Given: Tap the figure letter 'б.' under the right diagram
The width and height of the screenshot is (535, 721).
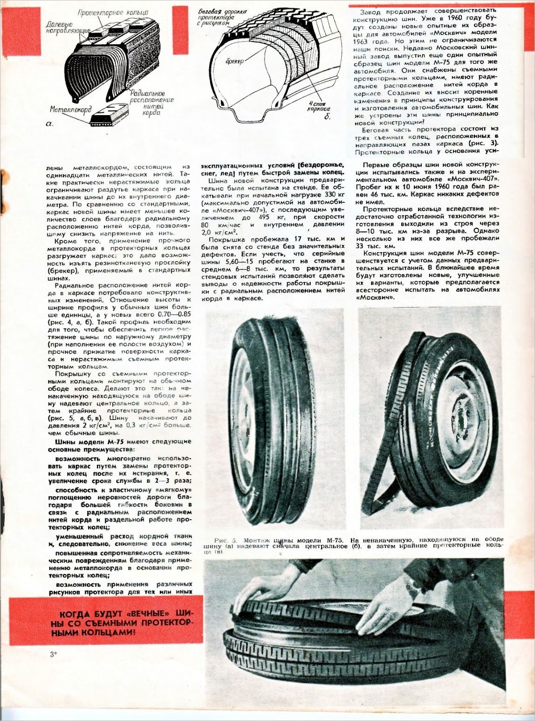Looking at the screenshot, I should point(327,117).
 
